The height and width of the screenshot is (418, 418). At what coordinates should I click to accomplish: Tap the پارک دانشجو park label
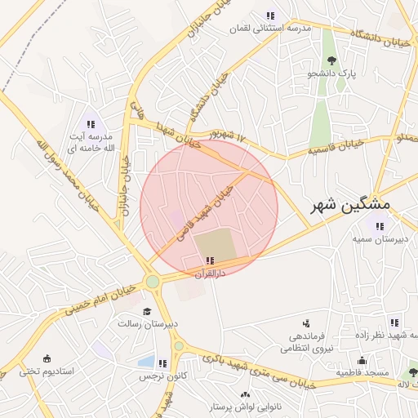pos(331,74)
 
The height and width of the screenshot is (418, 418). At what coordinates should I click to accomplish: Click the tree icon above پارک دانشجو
pos(331,60)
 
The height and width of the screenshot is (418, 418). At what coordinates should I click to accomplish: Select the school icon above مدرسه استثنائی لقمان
pos(270,16)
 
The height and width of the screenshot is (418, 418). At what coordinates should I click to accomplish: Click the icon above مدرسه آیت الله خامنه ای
pos(91,124)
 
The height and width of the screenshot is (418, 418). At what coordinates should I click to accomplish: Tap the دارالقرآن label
pos(211,274)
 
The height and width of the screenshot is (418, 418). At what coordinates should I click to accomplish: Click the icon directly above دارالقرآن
pos(211,261)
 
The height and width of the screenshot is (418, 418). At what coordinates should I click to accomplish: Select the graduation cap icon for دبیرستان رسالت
pos(147,311)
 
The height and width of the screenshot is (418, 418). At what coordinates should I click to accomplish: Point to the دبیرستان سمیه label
pos(380,238)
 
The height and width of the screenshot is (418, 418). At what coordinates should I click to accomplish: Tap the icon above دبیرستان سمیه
pos(378,225)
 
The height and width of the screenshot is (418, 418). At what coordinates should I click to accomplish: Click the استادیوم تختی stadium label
pos(47,371)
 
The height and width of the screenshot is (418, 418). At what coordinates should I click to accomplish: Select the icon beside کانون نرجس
pos(162,363)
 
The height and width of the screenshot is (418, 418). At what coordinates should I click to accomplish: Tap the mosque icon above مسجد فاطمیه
pos(362,360)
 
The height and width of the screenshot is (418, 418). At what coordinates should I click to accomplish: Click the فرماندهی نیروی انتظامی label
pos(303,342)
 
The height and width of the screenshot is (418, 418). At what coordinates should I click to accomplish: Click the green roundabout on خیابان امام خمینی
pos(152,282)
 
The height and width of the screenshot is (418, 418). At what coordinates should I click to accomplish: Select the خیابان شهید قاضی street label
pos(204,216)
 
